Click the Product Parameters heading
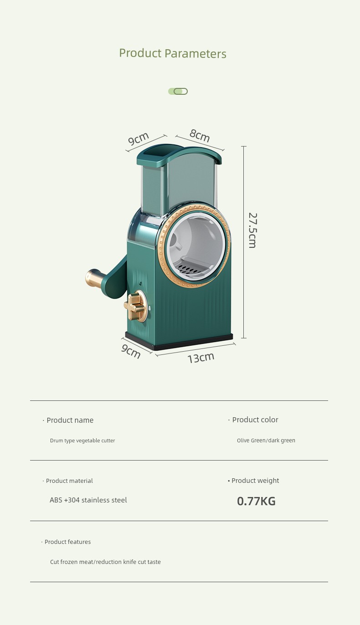click(172, 53)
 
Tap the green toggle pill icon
click(178, 91)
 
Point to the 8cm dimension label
click(200, 135)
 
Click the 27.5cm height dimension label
click(252, 230)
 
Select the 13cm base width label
click(201, 358)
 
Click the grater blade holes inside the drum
click(190, 269)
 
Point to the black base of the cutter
click(179, 341)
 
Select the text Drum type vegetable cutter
click(82, 441)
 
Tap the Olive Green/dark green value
click(266, 441)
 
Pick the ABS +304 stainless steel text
click(88, 500)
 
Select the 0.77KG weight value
click(256, 501)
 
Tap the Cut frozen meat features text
click(105, 562)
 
